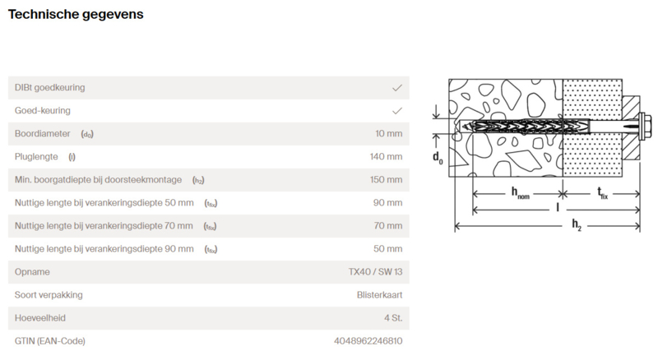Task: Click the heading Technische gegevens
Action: [76, 14]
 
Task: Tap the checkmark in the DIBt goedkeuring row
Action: [397, 88]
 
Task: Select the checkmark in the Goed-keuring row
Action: [397, 111]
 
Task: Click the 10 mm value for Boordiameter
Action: [388, 134]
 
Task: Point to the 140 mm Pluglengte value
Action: [386, 157]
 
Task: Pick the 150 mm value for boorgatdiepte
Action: [386, 180]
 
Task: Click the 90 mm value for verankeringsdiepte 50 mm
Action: [387, 203]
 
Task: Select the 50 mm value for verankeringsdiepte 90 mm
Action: [387, 249]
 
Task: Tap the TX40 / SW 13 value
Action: [375, 272]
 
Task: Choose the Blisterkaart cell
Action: [379, 295]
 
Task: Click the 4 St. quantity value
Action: [393, 318]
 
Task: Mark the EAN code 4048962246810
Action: [368, 342]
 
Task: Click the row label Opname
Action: [32, 272]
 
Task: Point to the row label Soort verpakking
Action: [49, 295]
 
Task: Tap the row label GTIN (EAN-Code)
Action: [50, 342]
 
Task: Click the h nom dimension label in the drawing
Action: [520, 193]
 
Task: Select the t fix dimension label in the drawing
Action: [602, 193]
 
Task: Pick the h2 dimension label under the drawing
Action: [577, 225]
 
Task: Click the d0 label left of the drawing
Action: [438, 158]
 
